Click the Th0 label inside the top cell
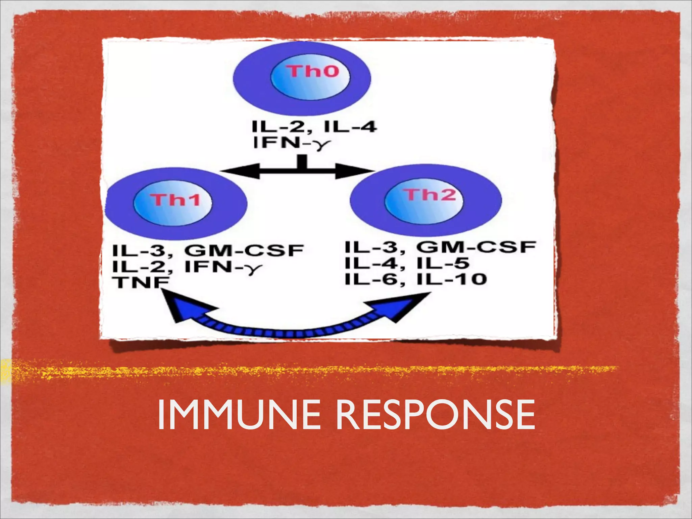point(313,71)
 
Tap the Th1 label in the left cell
point(175,200)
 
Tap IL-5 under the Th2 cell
point(443,263)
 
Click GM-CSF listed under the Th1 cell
point(244,251)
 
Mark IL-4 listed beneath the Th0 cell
point(350,127)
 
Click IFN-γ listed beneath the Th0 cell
point(291,143)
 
